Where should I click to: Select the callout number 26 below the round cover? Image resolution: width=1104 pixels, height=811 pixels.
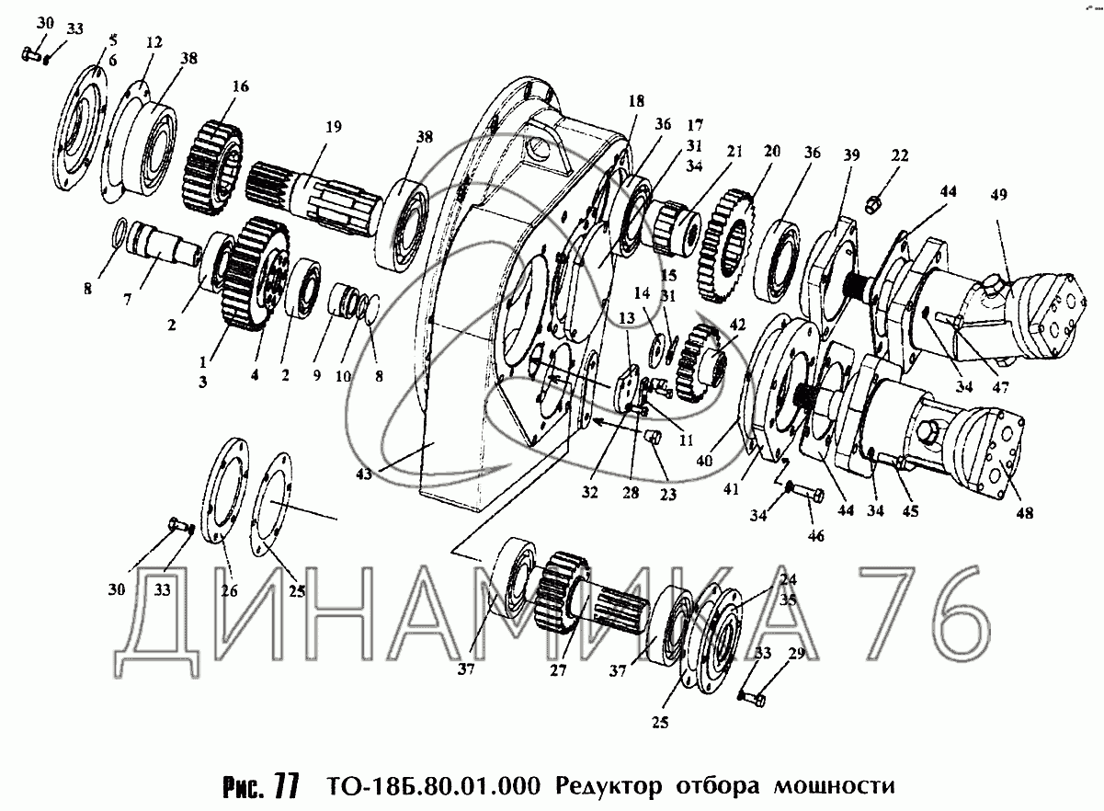point(228,591)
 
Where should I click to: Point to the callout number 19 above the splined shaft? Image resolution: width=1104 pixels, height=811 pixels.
point(331,127)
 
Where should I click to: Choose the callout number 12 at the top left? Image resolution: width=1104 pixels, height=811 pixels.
point(153,42)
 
